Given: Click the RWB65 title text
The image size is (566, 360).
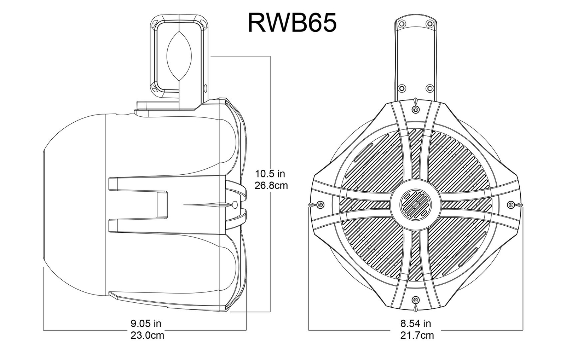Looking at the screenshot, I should (292, 23).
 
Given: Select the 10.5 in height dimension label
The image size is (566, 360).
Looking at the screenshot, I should (270, 174).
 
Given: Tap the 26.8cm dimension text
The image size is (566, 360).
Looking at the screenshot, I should (271, 185).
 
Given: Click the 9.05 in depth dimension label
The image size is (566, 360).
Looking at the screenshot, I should (146, 323).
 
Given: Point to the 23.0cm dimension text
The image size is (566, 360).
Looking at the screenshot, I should (147, 335).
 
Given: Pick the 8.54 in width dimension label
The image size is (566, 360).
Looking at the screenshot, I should (416, 323).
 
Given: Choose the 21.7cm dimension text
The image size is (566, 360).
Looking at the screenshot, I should (417, 335).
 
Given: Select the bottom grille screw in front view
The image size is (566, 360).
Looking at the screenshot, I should (415, 300).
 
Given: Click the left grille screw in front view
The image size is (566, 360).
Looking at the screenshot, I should (321, 204).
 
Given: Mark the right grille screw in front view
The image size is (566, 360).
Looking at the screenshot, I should (510, 204).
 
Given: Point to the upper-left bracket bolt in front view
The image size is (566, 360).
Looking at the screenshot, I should (402, 24).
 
